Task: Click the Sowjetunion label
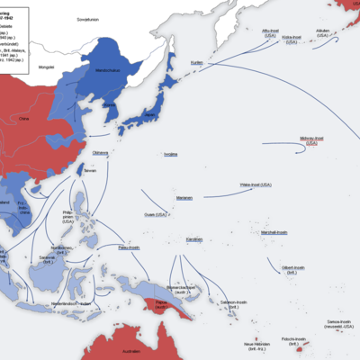pos(86,17)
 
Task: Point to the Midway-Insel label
pos(312,140)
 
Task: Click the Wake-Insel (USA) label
pos(255,184)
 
